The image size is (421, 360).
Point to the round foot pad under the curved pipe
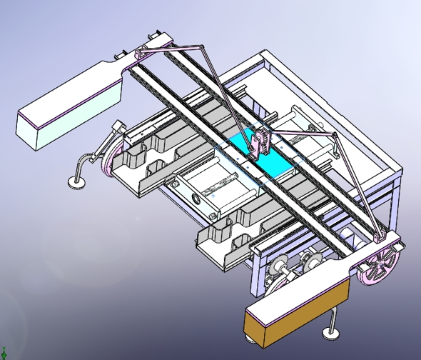pos(77,184)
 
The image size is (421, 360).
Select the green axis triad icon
pos(4,351)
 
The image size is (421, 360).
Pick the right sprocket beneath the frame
pos(310,261)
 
